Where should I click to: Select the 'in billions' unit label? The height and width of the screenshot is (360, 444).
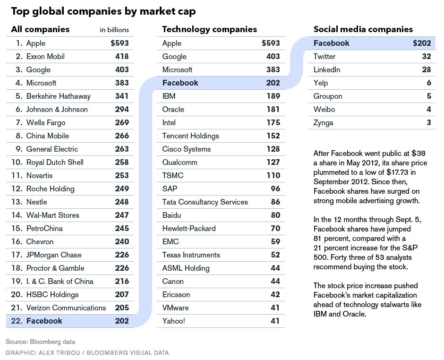tap(114, 30)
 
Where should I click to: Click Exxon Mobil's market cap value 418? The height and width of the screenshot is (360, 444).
tap(122, 56)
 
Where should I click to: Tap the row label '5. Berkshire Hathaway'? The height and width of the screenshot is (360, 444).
tap(53, 96)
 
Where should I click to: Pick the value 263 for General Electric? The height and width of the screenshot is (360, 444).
tap(122, 149)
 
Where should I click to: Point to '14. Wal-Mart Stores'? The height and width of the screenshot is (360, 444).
tap(47, 215)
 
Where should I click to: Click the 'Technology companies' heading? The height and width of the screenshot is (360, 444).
tap(209, 29)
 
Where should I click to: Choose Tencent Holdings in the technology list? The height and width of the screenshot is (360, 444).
tap(190, 136)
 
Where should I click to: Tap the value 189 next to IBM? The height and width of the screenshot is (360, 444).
tap(273, 96)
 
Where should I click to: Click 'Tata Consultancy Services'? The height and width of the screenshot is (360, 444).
tap(205, 202)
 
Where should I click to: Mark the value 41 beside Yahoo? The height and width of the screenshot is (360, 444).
tap(275, 321)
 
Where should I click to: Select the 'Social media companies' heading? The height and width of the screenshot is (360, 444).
tap(363, 29)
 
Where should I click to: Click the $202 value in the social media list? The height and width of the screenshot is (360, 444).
tap(422, 43)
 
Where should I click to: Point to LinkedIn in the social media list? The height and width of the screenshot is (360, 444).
tap(327, 69)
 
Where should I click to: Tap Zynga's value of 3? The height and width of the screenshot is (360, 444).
tap(428, 122)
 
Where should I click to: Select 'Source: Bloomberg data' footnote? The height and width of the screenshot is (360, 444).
tap(41, 342)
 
